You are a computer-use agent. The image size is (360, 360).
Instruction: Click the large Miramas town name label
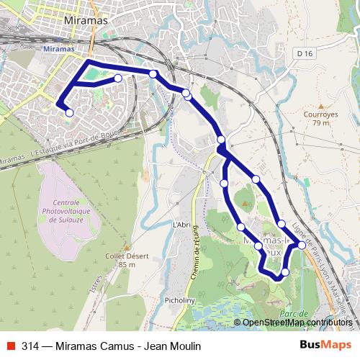pyautogui.click(x=86, y=20)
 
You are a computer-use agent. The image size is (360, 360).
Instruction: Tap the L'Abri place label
pyautogui.click(x=181, y=225)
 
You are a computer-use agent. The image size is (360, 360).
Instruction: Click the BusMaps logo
pyautogui.click(x=325, y=346)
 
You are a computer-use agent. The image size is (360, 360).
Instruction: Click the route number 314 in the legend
pyautogui.click(x=30, y=346)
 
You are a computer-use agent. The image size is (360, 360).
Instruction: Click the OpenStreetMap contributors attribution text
pyautogui.click(x=297, y=323)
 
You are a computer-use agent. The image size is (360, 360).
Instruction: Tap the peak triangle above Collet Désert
pyautogui.click(x=127, y=246)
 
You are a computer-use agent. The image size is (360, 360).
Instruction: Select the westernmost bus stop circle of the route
pyautogui.click(x=69, y=112)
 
